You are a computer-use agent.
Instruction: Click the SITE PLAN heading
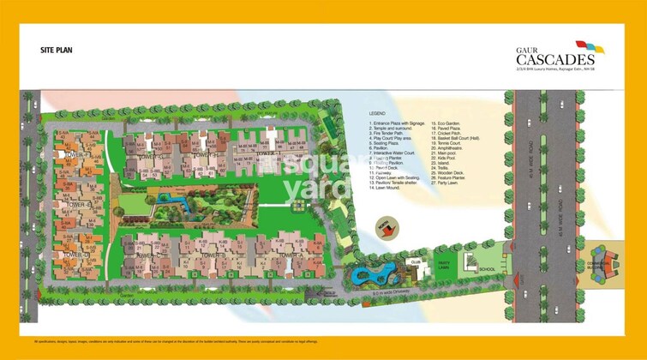(x=56, y=51)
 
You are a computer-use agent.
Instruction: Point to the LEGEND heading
(x=378, y=113)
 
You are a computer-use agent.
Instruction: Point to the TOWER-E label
(x=79, y=206)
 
